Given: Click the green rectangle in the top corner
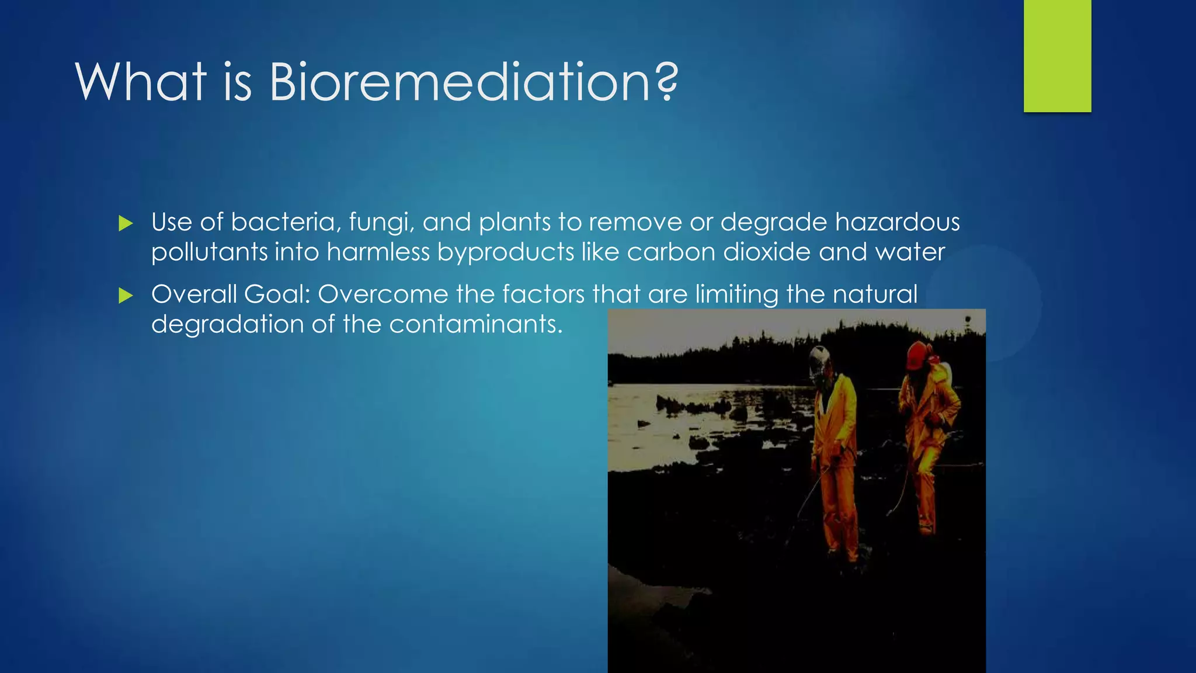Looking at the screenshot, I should pyautogui.click(x=1057, y=55).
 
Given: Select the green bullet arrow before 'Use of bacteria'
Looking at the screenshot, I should pyautogui.click(x=126, y=223).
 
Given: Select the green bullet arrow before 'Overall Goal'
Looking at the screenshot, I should pyautogui.click(x=126, y=296).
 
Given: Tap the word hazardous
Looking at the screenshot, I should pyautogui.click(x=897, y=223).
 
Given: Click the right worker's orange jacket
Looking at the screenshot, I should pyautogui.click(x=929, y=409).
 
